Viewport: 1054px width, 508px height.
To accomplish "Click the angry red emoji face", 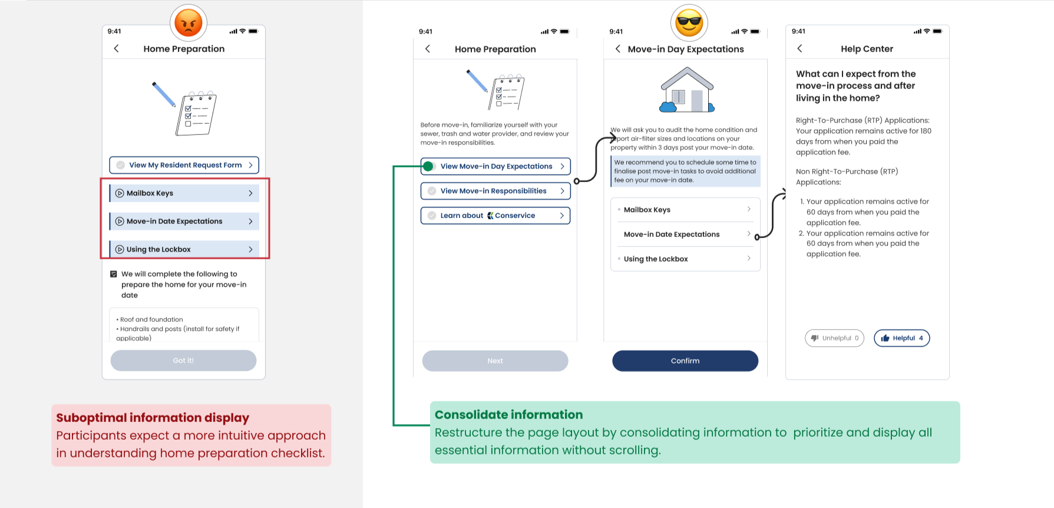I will (189, 23).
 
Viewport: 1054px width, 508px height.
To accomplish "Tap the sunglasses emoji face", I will (689, 23).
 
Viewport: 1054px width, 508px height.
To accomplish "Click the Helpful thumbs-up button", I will (901, 338).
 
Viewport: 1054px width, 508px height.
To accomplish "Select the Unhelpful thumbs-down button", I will (834, 338).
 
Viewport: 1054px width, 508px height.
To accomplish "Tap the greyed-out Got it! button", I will (183, 361).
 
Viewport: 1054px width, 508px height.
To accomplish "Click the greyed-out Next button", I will (495, 361).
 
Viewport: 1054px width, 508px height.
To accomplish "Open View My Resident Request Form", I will (184, 165).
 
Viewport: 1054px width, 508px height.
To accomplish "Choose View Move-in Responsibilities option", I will (495, 191).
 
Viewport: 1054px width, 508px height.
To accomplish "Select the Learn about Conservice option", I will (495, 216).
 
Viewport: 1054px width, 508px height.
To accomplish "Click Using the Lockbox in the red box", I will (184, 249).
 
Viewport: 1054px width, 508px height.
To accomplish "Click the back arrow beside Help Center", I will (799, 49).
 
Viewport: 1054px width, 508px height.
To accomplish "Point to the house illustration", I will (686, 90).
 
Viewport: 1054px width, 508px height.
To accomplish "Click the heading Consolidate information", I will (508, 415).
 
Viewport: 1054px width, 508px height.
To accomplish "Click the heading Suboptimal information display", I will (153, 418).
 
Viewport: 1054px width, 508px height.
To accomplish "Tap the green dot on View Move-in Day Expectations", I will (428, 166).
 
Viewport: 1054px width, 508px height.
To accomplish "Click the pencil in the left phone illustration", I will (164, 94).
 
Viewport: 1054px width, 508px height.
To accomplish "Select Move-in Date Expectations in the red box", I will (184, 222).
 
